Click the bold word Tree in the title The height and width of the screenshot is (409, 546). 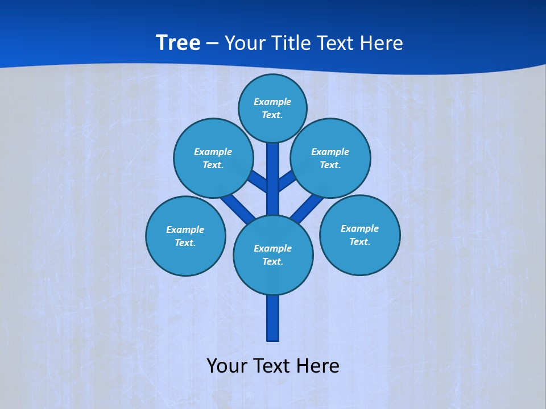(178, 43)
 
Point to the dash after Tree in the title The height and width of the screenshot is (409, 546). (212, 43)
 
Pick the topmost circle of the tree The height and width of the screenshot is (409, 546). (272, 108)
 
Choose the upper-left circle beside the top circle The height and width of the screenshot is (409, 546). (213, 158)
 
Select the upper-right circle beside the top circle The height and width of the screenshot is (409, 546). (330, 158)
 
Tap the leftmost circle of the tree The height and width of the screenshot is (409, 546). (185, 236)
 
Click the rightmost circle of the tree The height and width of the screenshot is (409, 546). (359, 235)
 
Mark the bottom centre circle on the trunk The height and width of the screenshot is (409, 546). (273, 254)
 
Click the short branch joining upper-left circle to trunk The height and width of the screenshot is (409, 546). (258, 181)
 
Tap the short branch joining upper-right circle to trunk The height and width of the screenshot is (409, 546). (287, 180)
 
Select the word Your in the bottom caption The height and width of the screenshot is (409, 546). (227, 366)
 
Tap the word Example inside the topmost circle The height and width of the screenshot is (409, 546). (272, 102)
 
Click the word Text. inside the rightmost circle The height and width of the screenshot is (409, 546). (359, 241)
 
